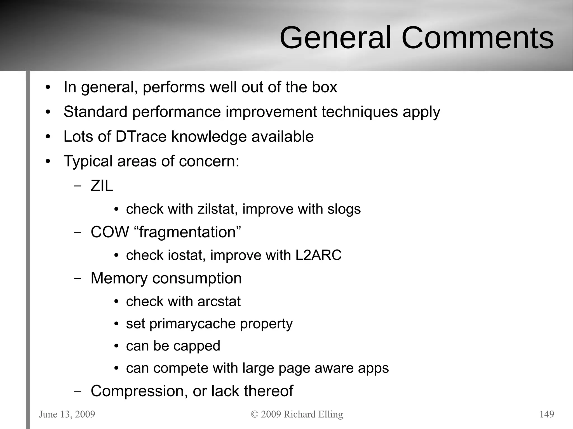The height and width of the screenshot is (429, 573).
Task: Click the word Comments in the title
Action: pyautogui.click(x=477, y=38)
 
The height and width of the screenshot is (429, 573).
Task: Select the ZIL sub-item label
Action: pyautogui.click(x=102, y=186)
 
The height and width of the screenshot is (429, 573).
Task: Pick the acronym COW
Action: pyautogui.click(x=110, y=232)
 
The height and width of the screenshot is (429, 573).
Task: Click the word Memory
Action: pyautogui.click(x=119, y=278)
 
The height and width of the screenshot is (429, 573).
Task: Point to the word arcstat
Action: pyautogui.click(x=219, y=302)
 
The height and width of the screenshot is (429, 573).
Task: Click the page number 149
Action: pyautogui.click(x=546, y=414)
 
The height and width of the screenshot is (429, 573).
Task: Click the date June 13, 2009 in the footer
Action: pyautogui.click(x=67, y=414)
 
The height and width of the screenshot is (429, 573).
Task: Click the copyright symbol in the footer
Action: pyautogui.click(x=255, y=414)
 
